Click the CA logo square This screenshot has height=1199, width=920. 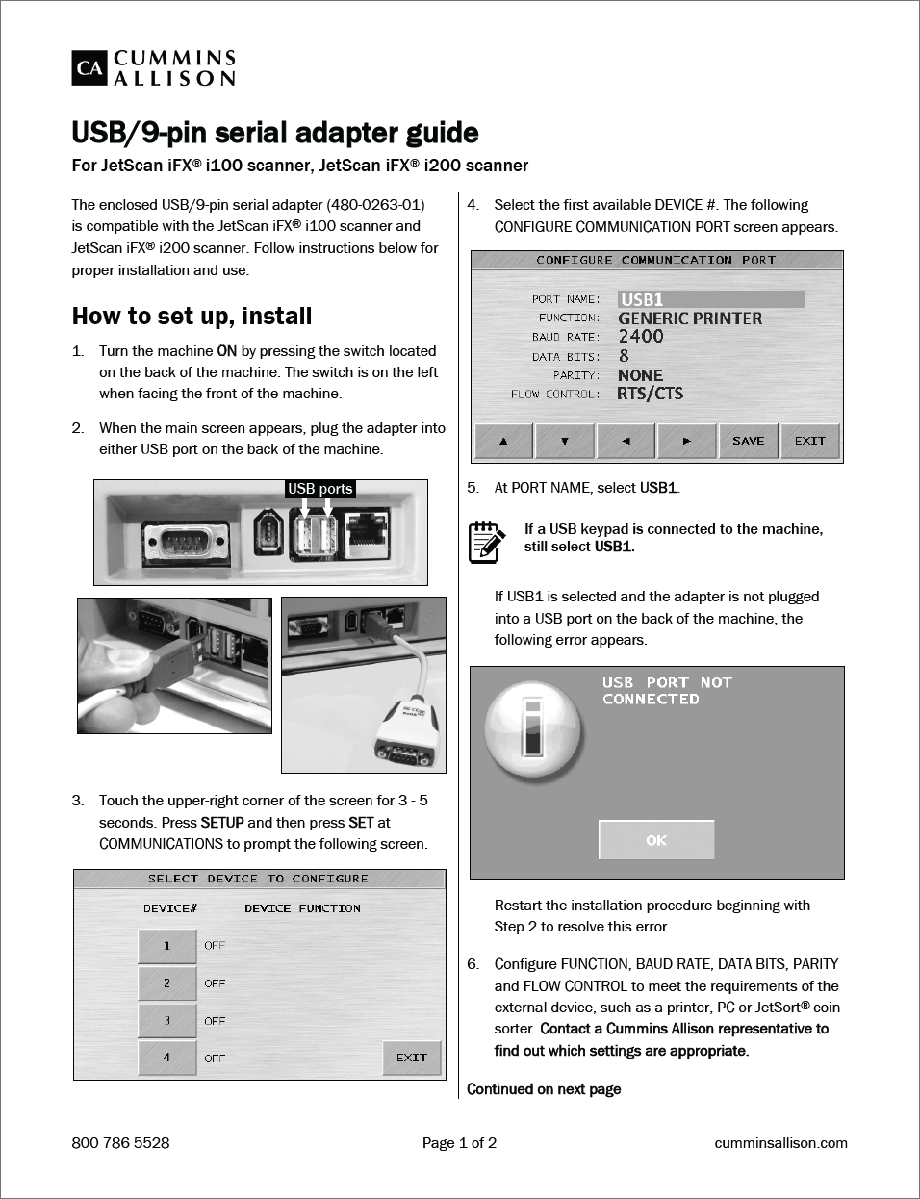(89, 68)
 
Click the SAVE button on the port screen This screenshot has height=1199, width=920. (748, 441)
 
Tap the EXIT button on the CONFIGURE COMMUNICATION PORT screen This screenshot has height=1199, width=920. (809, 441)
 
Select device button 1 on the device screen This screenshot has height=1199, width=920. (166, 946)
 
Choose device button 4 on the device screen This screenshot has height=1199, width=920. (166, 1058)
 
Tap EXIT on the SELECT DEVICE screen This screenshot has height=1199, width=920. (412, 1058)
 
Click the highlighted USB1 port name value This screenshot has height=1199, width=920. (710, 299)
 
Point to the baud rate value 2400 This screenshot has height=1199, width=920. (641, 337)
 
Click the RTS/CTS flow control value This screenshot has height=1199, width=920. (651, 394)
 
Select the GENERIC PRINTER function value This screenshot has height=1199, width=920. (690, 319)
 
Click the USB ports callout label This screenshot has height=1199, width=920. (320, 489)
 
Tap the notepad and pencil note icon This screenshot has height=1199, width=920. (486, 541)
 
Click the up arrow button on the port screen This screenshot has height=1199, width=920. (503, 441)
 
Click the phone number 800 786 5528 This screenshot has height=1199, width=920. (120, 1143)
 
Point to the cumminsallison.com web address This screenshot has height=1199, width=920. (780, 1143)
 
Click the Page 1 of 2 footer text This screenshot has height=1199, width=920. (459, 1143)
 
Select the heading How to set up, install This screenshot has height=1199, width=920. (192, 317)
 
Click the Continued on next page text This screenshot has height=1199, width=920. (544, 1089)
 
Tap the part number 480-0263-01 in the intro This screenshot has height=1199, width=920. (375, 205)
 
